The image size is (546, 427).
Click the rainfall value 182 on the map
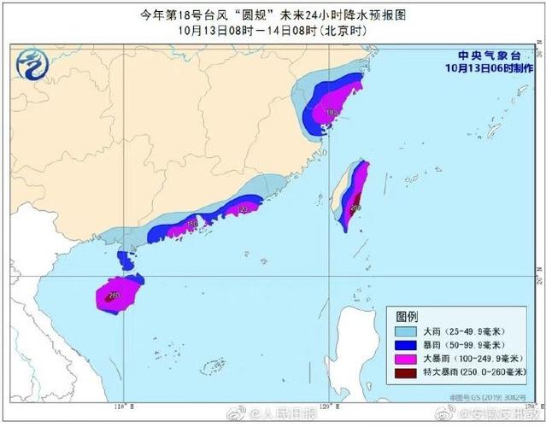[332, 112]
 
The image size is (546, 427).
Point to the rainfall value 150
[192, 224]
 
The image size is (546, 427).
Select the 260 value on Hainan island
[114, 295]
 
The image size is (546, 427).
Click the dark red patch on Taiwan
[355, 203]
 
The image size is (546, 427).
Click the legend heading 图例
[408, 314]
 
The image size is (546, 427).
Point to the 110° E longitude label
[120, 405]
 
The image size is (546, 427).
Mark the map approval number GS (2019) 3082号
[495, 398]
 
